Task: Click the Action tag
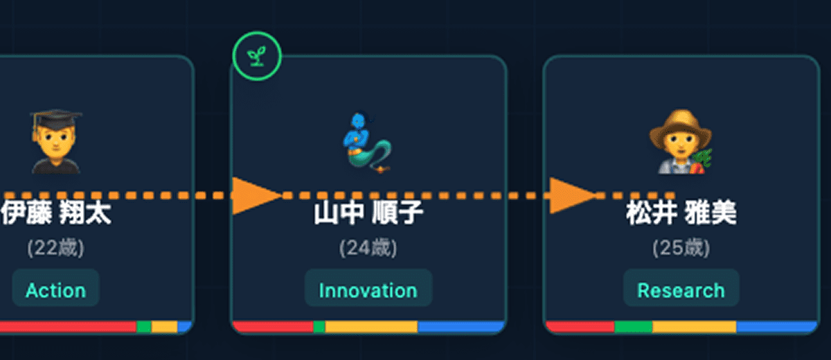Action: point(55,290)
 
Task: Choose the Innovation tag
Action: point(368,290)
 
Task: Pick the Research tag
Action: point(681,290)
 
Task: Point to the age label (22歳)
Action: point(55,249)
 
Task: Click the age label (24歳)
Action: point(368,249)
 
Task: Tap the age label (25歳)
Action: point(681,249)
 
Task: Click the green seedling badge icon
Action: point(257,56)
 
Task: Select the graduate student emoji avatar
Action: point(55,141)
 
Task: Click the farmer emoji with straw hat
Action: point(680,143)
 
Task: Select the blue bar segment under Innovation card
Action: point(461,326)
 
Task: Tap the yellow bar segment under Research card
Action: point(694,326)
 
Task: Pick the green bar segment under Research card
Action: point(634,326)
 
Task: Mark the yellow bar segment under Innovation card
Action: point(371,326)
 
